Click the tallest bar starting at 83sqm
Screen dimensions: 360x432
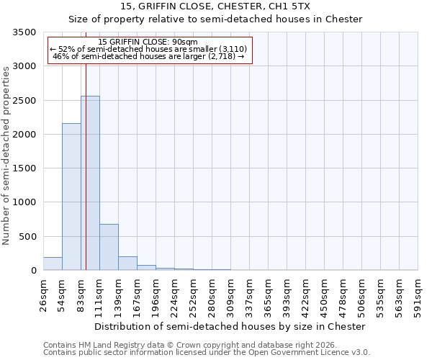(x=90, y=183)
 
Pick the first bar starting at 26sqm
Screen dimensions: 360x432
(x=53, y=264)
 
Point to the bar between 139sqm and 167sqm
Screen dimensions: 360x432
(x=127, y=263)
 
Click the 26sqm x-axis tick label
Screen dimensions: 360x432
(x=43, y=295)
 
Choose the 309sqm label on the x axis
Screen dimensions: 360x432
(x=230, y=295)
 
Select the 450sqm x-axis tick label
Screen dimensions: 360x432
(x=324, y=295)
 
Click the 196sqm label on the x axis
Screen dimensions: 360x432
(x=156, y=295)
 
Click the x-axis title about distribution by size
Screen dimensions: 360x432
(x=230, y=326)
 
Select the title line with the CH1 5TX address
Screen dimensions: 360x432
(x=215, y=6)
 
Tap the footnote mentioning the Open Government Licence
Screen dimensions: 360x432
(x=207, y=353)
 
